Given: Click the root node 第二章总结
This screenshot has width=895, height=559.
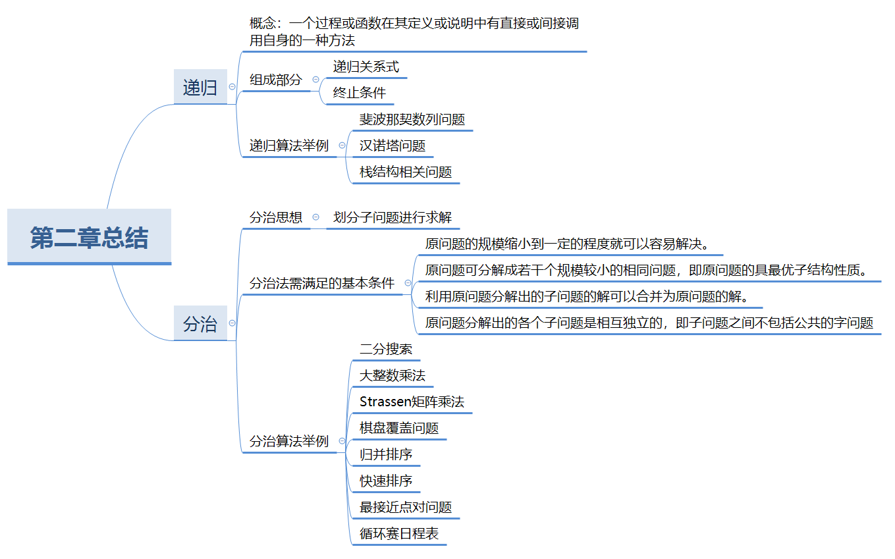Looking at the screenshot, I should click(90, 237).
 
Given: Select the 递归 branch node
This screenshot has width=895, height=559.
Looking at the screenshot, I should click(200, 87).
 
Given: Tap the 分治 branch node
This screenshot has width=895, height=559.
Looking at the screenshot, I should click(200, 323).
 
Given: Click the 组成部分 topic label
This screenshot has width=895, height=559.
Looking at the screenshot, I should click(276, 80).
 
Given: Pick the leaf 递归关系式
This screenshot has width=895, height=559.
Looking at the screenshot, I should click(366, 67).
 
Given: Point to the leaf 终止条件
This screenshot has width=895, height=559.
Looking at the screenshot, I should click(360, 93).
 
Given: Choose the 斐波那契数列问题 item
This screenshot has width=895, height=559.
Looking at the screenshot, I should click(412, 119).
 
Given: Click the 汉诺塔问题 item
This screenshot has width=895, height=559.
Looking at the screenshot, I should click(393, 146).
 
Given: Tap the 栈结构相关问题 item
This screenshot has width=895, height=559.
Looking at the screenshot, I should click(406, 173).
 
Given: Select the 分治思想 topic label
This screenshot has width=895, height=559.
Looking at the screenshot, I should click(276, 217).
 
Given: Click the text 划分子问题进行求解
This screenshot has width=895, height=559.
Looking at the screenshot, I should click(393, 217).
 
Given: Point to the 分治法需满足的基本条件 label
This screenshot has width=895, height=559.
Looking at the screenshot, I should click(322, 283).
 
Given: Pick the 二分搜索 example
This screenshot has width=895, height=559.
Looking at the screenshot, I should click(386, 349).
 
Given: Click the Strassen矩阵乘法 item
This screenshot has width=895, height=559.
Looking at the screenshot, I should click(412, 402).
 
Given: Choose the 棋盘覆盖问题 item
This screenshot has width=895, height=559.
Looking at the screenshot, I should click(399, 428).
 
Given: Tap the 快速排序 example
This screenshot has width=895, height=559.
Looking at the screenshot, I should click(386, 481).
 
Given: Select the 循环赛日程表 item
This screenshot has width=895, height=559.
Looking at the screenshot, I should click(399, 533).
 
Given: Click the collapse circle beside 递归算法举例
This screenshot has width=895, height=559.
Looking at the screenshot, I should click(342, 146).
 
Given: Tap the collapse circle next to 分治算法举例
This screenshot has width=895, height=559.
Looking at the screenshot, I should click(342, 441).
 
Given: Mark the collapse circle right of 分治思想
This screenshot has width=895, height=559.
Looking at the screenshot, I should click(316, 217).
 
